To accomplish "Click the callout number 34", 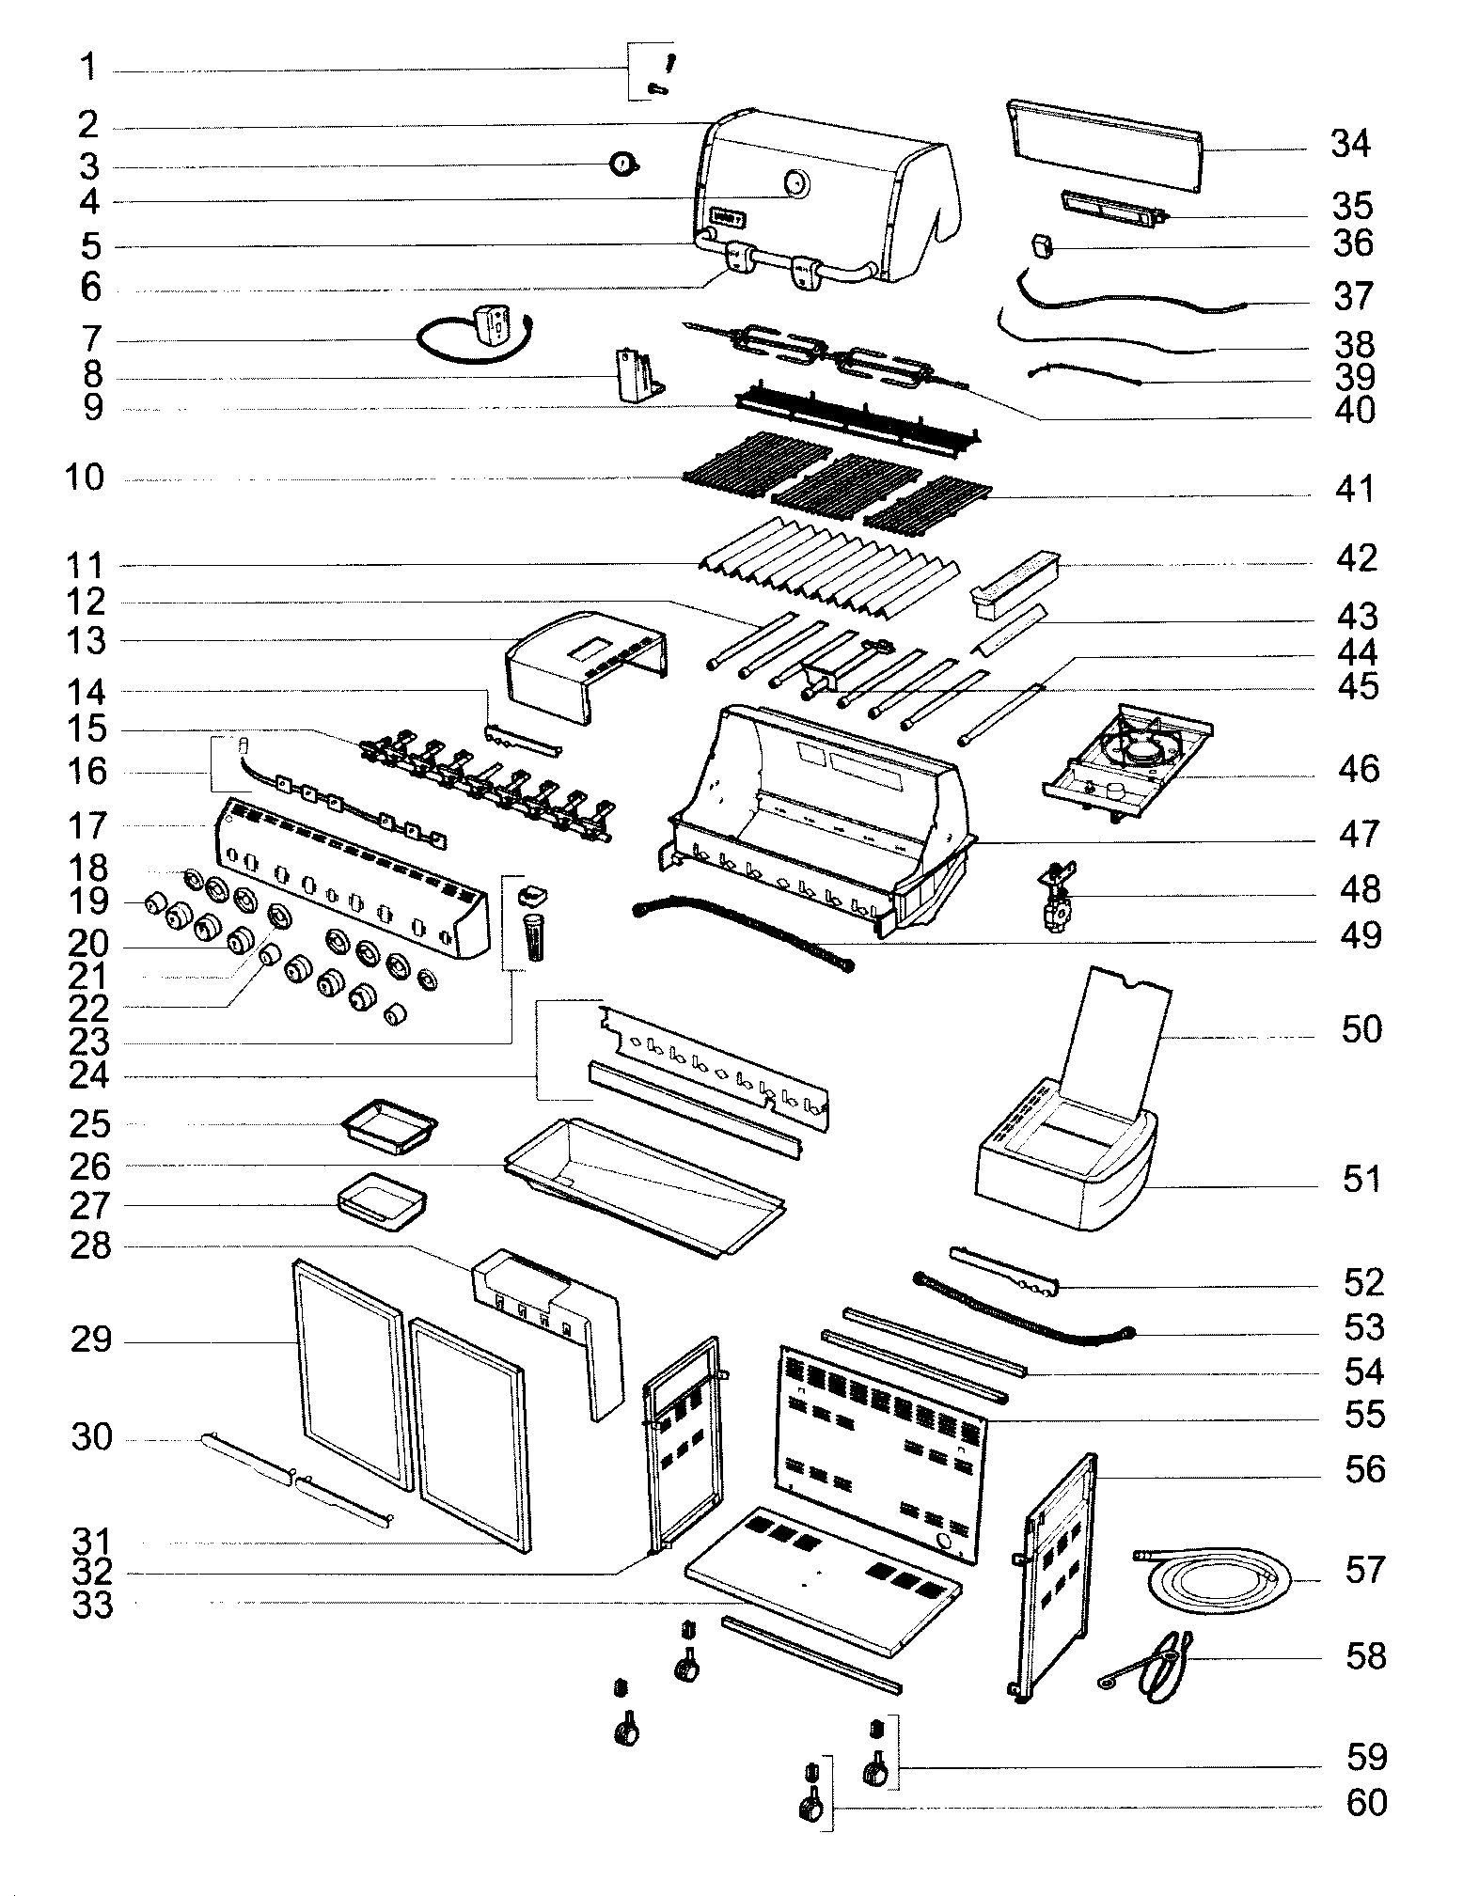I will pos(1350,145).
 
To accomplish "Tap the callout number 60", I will pos(1365,1803).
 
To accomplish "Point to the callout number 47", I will pos(1358,834).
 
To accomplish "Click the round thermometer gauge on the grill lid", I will pos(797,183).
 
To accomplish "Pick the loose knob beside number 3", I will pos(622,165).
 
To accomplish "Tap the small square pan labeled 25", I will pos(389,1123).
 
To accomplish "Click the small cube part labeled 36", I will pos(1042,246).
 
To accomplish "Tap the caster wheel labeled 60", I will pos(810,1807).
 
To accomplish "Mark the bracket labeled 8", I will pos(639,376).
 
